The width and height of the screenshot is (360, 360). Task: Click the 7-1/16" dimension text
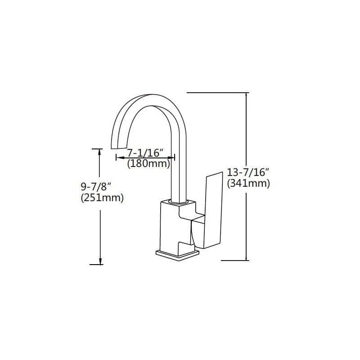point(145,153)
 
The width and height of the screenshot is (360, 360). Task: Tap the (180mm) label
point(149,164)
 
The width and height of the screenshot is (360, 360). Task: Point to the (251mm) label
point(102,198)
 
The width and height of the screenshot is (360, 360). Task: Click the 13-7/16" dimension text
point(248,172)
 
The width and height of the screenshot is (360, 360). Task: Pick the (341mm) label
point(248,183)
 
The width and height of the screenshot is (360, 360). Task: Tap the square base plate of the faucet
point(178,255)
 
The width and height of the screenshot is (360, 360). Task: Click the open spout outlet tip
point(118,148)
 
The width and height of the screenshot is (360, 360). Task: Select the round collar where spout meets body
point(179,202)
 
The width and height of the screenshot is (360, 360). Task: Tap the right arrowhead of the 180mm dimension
point(171,157)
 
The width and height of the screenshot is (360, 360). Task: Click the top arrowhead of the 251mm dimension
point(99,153)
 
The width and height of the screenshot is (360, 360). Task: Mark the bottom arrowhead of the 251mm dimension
point(100,261)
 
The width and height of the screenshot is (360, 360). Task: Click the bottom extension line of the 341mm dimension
point(235,261)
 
